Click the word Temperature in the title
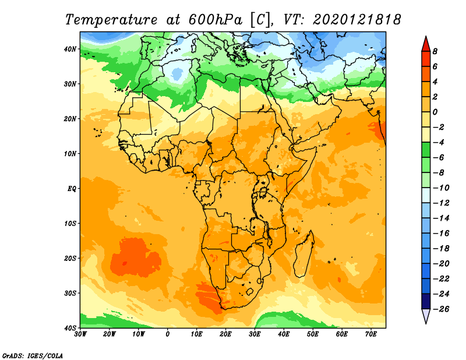111,20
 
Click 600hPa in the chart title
216,20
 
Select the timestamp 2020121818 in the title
357,20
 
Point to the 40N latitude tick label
70,49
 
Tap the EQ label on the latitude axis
72,189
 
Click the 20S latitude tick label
70,258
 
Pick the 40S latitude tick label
70,328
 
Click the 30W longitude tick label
80,334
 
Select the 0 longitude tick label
168,334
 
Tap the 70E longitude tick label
371,334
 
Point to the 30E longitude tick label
255,334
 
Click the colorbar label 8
435,51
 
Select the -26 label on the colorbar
441,309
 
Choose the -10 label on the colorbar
441,188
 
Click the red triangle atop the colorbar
426,44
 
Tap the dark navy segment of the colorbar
426,301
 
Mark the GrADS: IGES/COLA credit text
33,355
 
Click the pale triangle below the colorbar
426,315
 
